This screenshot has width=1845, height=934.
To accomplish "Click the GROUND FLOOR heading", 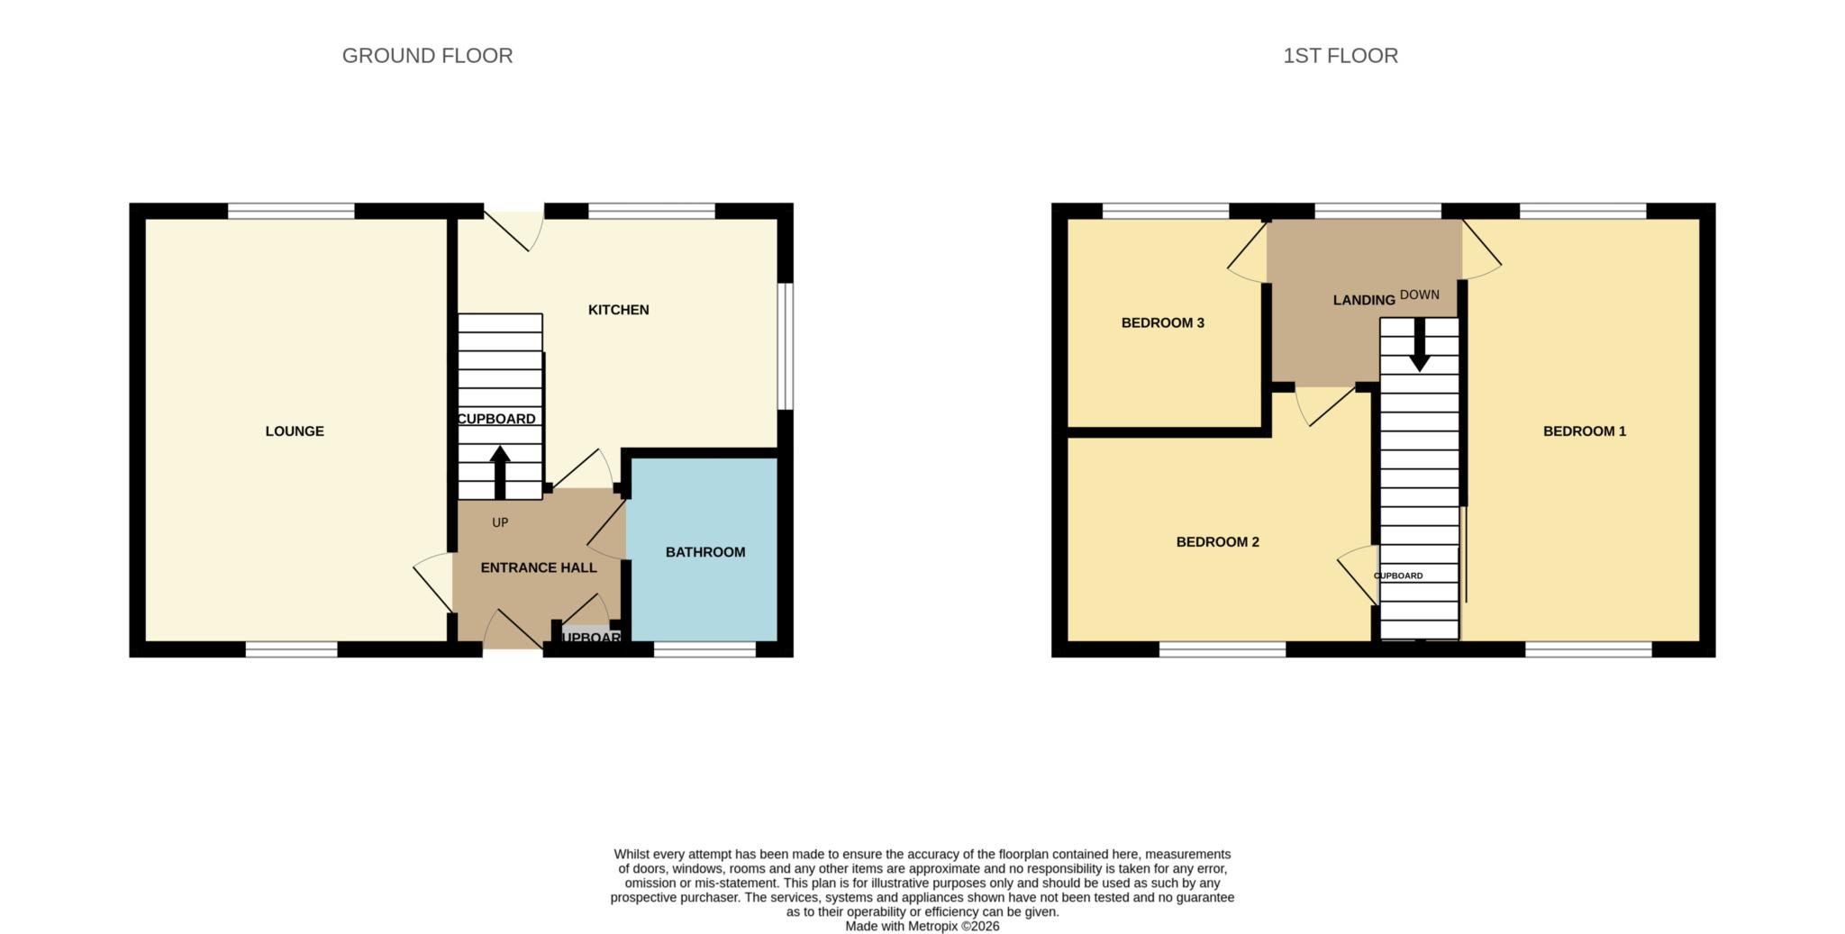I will [427, 56].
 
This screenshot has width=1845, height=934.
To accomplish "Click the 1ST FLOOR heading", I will [1340, 56].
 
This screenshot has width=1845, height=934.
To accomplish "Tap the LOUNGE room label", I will [295, 431].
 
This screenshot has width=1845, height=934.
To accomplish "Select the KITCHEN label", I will [618, 310].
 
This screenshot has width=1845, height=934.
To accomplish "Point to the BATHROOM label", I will [705, 552].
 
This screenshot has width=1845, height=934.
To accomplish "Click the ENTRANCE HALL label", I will [539, 567].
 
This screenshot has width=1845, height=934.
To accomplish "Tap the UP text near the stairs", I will [500, 522].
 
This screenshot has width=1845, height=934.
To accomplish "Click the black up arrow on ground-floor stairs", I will [500, 470].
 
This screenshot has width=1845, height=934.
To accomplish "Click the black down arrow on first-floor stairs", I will [1420, 347].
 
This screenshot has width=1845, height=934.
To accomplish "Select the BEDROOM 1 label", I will [1584, 431].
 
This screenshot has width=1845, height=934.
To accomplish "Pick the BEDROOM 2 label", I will [1217, 542].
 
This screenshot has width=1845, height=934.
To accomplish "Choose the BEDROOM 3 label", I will [1162, 323].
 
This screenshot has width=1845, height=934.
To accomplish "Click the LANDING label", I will [1363, 300].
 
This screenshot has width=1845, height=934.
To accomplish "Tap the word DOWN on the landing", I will [1420, 295].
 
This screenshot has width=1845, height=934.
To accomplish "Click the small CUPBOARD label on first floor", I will [1398, 576].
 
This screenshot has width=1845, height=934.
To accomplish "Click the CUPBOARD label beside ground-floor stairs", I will [496, 419].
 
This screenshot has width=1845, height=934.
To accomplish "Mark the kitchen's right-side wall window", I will [786, 347].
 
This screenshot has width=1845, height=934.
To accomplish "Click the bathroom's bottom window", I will [704, 649].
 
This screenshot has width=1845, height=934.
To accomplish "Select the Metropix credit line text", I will [922, 926].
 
